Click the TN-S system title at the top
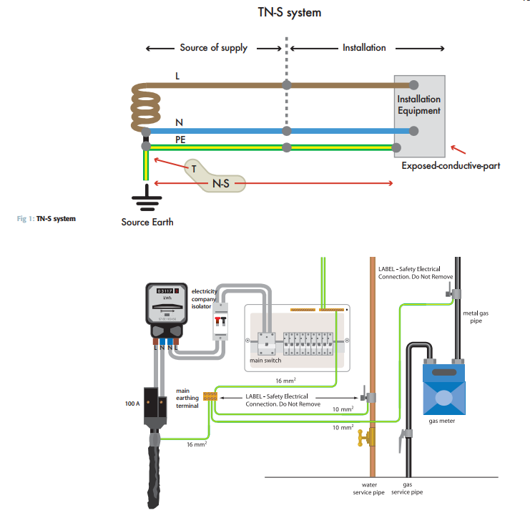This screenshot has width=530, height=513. click(x=289, y=12)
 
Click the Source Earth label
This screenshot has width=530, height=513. click(x=147, y=222)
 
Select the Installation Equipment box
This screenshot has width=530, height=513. click(x=419, y=115)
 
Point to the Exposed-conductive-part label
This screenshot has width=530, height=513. click(x=451, y=166)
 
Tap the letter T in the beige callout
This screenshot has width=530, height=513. click(x=193, y=169)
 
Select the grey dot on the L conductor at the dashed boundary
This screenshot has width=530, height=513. click(x=287, y=84)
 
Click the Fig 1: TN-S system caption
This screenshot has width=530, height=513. click(x=46, y=218)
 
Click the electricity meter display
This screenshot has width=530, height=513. click(x=166, y=291)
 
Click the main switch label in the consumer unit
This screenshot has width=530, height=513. click(x=265, y=361)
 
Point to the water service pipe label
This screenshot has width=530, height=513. click(x=370, y=488)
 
